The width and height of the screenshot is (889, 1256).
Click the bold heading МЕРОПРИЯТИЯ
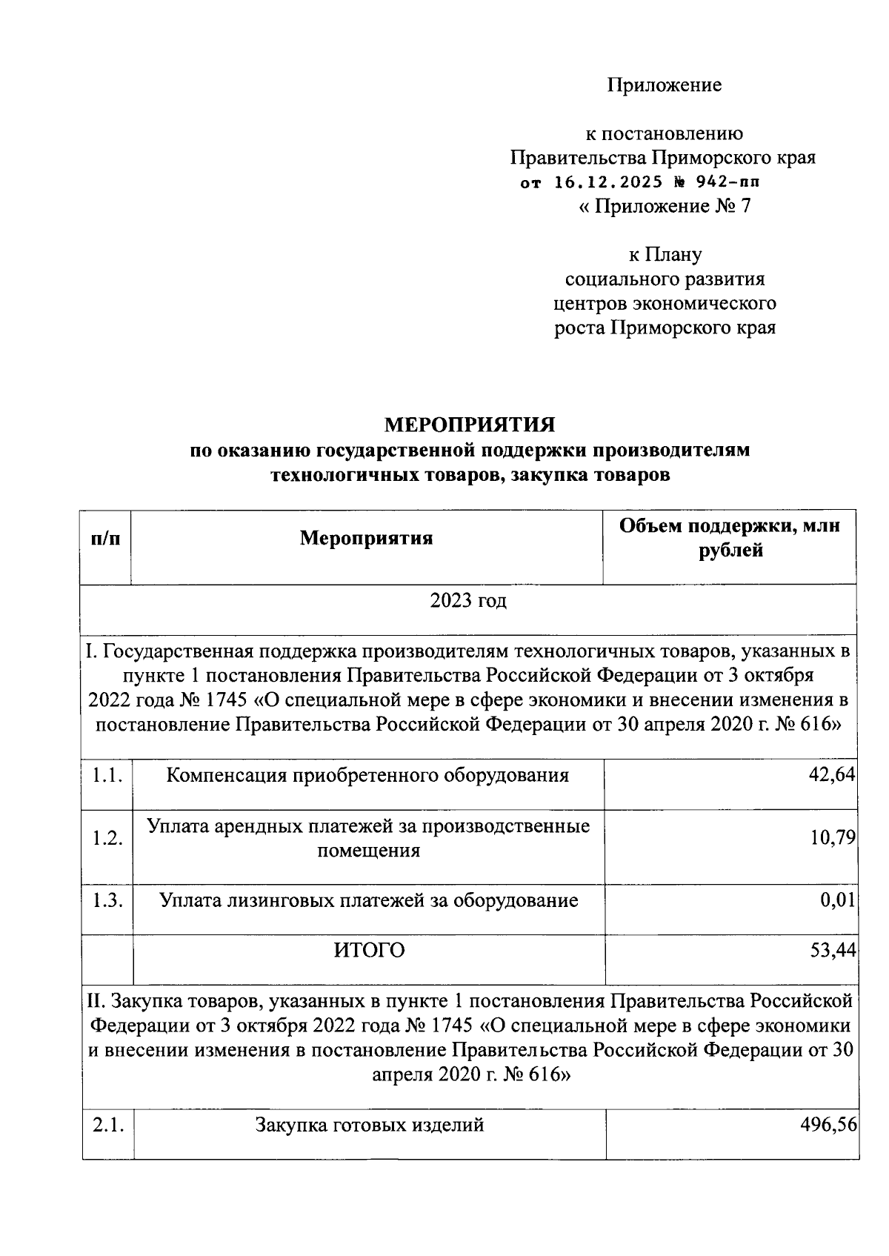tap(469, 425)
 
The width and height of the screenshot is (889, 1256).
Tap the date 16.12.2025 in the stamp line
tap(609, 182)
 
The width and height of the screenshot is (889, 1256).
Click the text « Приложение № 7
tap(664, 206)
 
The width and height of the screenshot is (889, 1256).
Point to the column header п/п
tap(105, 539)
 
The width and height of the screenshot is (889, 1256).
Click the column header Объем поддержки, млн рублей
tap(730, 539)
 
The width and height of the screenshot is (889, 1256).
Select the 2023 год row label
tap(468, 600)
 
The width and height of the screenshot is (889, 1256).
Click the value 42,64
tap(833, 775)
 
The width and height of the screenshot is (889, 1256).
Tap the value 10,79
tap(833, 838)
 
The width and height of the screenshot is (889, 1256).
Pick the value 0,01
tap(838, 900)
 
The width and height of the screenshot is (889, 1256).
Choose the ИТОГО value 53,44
tap(833, 950)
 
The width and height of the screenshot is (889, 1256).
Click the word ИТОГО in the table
tap(369, 950)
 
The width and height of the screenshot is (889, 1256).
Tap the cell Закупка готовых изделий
tap(369, 1125)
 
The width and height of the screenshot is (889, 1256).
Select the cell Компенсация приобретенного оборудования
tap(367, 775)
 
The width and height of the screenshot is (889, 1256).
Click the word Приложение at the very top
tap(664, 85)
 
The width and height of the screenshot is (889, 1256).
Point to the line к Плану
tap(665, 255)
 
